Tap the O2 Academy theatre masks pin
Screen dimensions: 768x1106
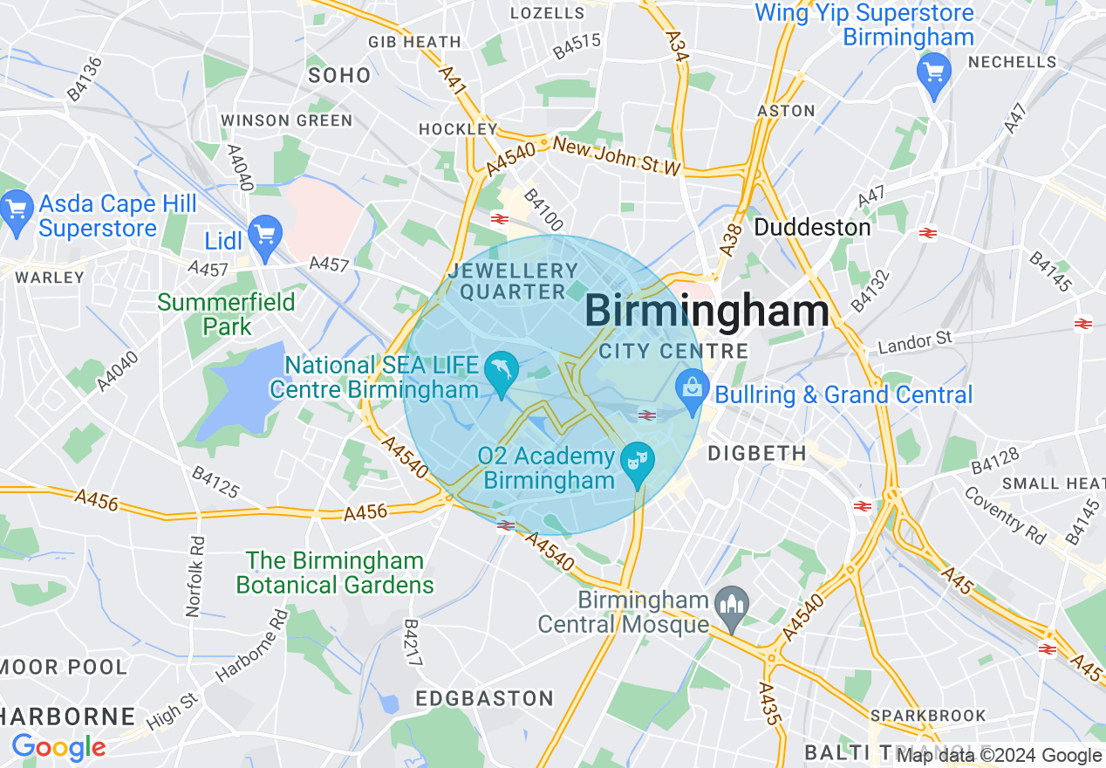coord(637,461)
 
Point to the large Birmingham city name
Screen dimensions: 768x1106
coord(706,312)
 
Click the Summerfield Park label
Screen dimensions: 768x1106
coord(226,314)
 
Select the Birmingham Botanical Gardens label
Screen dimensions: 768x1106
coord(335,573)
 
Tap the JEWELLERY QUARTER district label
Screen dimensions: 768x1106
coord(513,282)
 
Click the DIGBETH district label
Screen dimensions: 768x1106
coord(757,453)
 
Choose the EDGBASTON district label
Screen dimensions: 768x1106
coord(484,698)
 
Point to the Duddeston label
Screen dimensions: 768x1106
coord(812,228)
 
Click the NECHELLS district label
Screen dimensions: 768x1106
coord(1012,62)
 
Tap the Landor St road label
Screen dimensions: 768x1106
coord(915,339)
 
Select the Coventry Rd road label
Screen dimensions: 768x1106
coord(1005,515)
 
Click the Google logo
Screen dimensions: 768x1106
coord(58,748)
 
